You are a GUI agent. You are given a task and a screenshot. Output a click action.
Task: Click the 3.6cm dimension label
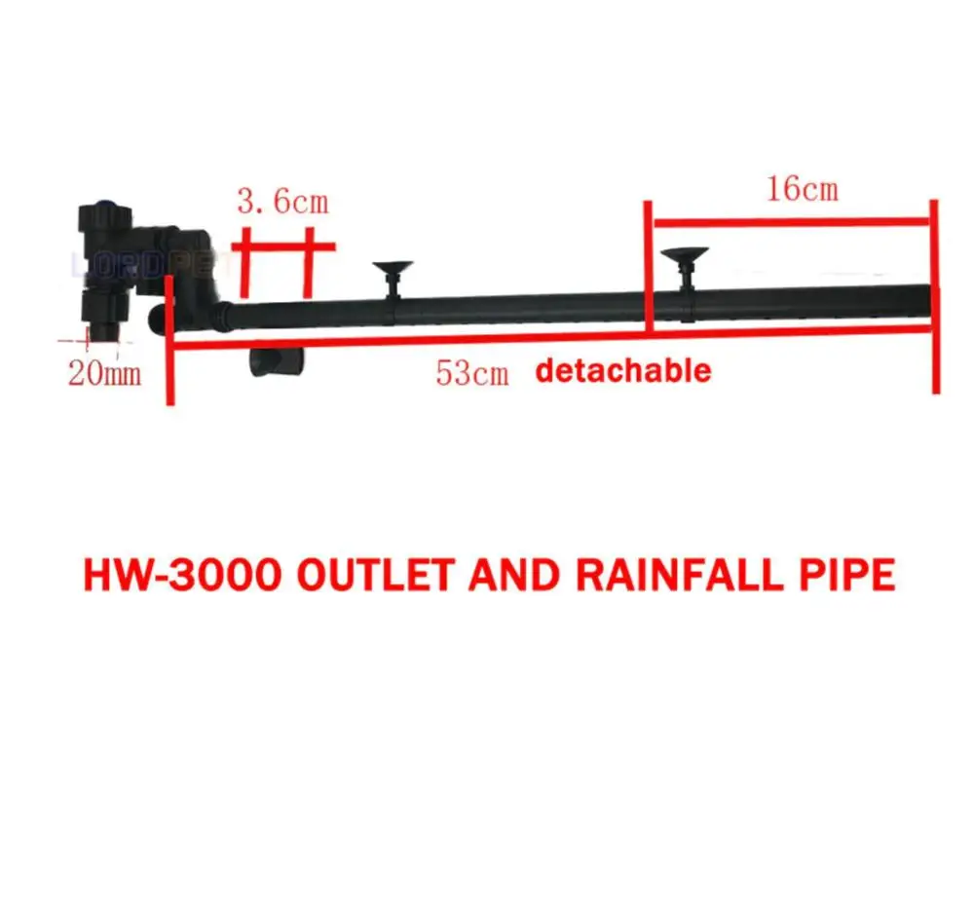pyautogui.click(x=281, y=202)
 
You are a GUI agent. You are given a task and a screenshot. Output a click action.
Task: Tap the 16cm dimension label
pyautogui.click(x=802, y=188)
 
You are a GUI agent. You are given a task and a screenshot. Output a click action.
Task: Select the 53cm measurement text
pyautogui.click(x=472, y=373)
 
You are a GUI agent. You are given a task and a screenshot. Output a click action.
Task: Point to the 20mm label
pyautogui.click(x=104, y=372)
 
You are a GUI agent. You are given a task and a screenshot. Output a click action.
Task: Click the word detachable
pyautogui.click(x=623, y=371)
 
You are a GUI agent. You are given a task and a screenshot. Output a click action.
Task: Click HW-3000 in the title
pyautogui.click(x=184, y=575)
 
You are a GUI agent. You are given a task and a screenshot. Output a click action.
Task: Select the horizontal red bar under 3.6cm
pyautogui.click(x=282, y=246)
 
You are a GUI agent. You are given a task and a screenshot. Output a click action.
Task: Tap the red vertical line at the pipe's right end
pyautogui.click(x=935, y=292)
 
